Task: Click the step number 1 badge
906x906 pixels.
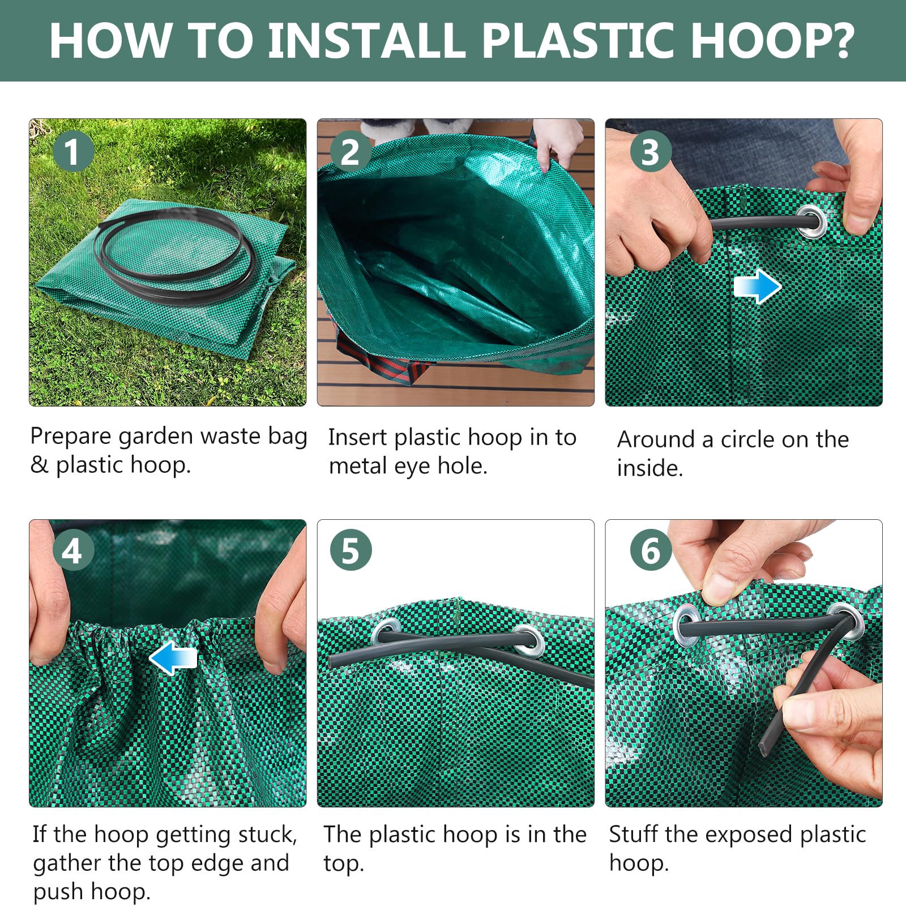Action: (72, 151)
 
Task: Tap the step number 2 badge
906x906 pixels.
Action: (351, 151)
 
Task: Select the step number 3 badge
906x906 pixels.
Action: (651, 151)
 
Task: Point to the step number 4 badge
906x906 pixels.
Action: (72, 550)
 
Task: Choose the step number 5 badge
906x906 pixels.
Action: (351, 550)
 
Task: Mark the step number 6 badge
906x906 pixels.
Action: (651, 550)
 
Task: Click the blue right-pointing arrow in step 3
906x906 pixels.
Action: (757, 287)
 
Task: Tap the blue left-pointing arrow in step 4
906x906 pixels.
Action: (173, 658)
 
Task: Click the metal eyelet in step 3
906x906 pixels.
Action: (811, 221)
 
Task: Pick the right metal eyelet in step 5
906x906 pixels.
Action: (528, 640)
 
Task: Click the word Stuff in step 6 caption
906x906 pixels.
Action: (634, 834)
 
